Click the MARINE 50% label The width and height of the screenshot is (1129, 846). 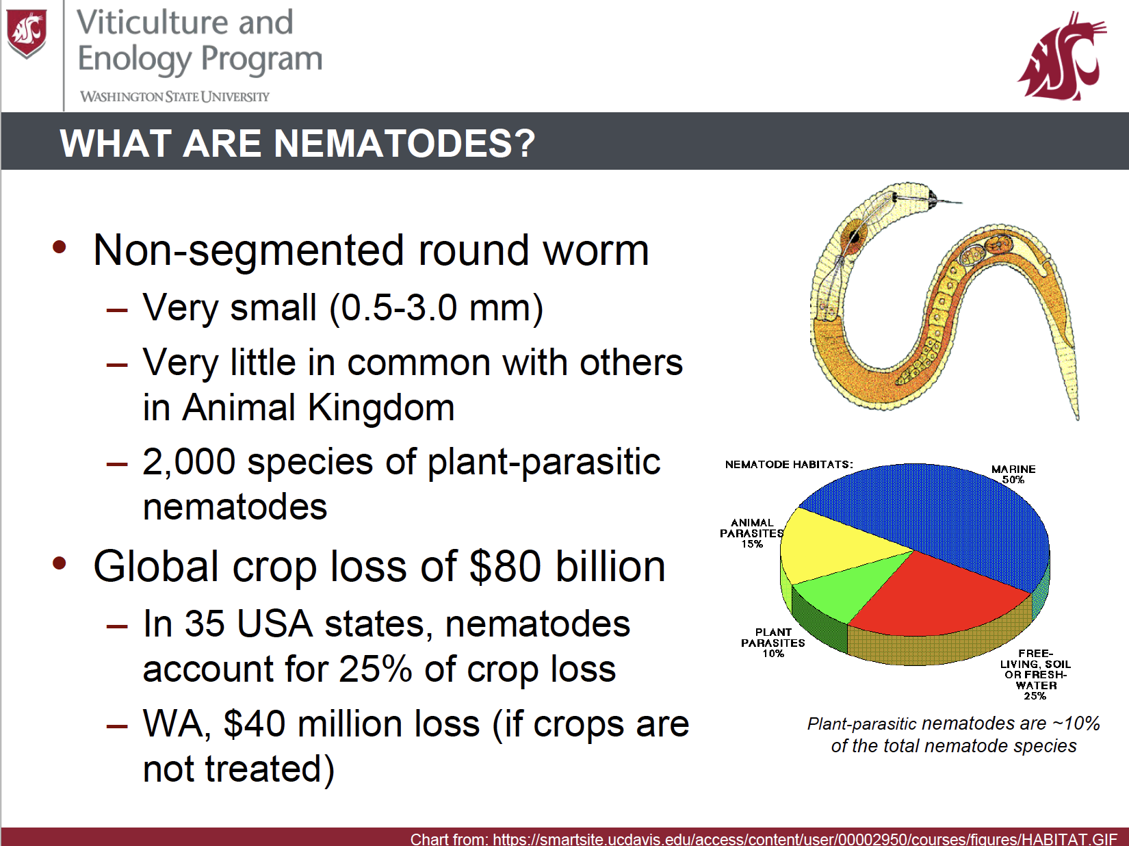(x=1013, y=474)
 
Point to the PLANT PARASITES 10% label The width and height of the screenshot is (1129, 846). (x=773, y=642)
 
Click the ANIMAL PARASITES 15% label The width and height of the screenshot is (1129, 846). (x=751, y=533)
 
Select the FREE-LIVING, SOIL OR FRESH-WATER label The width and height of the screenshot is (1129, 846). (x=1035, y=674)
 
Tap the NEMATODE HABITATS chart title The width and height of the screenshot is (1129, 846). (x=789, y=464)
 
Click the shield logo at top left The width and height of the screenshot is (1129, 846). (x=26, y=34)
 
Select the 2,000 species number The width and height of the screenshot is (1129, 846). (x=189, y=461)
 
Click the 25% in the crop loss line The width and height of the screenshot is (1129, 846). (x=376, y=669)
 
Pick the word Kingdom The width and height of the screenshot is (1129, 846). (x=381, y=407)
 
